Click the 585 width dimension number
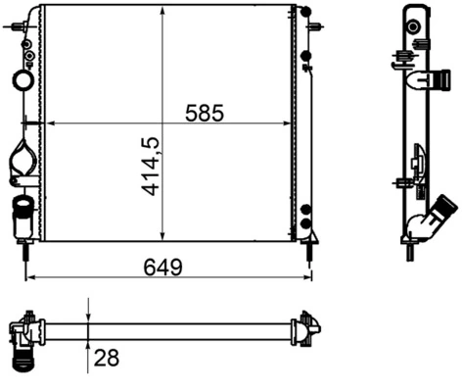click(x=205, y=113)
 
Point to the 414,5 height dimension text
click(x=150, y=167)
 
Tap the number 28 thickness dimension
click(x=107, y=358)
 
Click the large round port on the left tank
click(x=22, y=81)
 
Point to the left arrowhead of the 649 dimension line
click(x=28, y=277)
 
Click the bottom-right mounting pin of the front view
click(x=311, y=253)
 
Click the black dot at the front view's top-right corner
click(x=305, y=11)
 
